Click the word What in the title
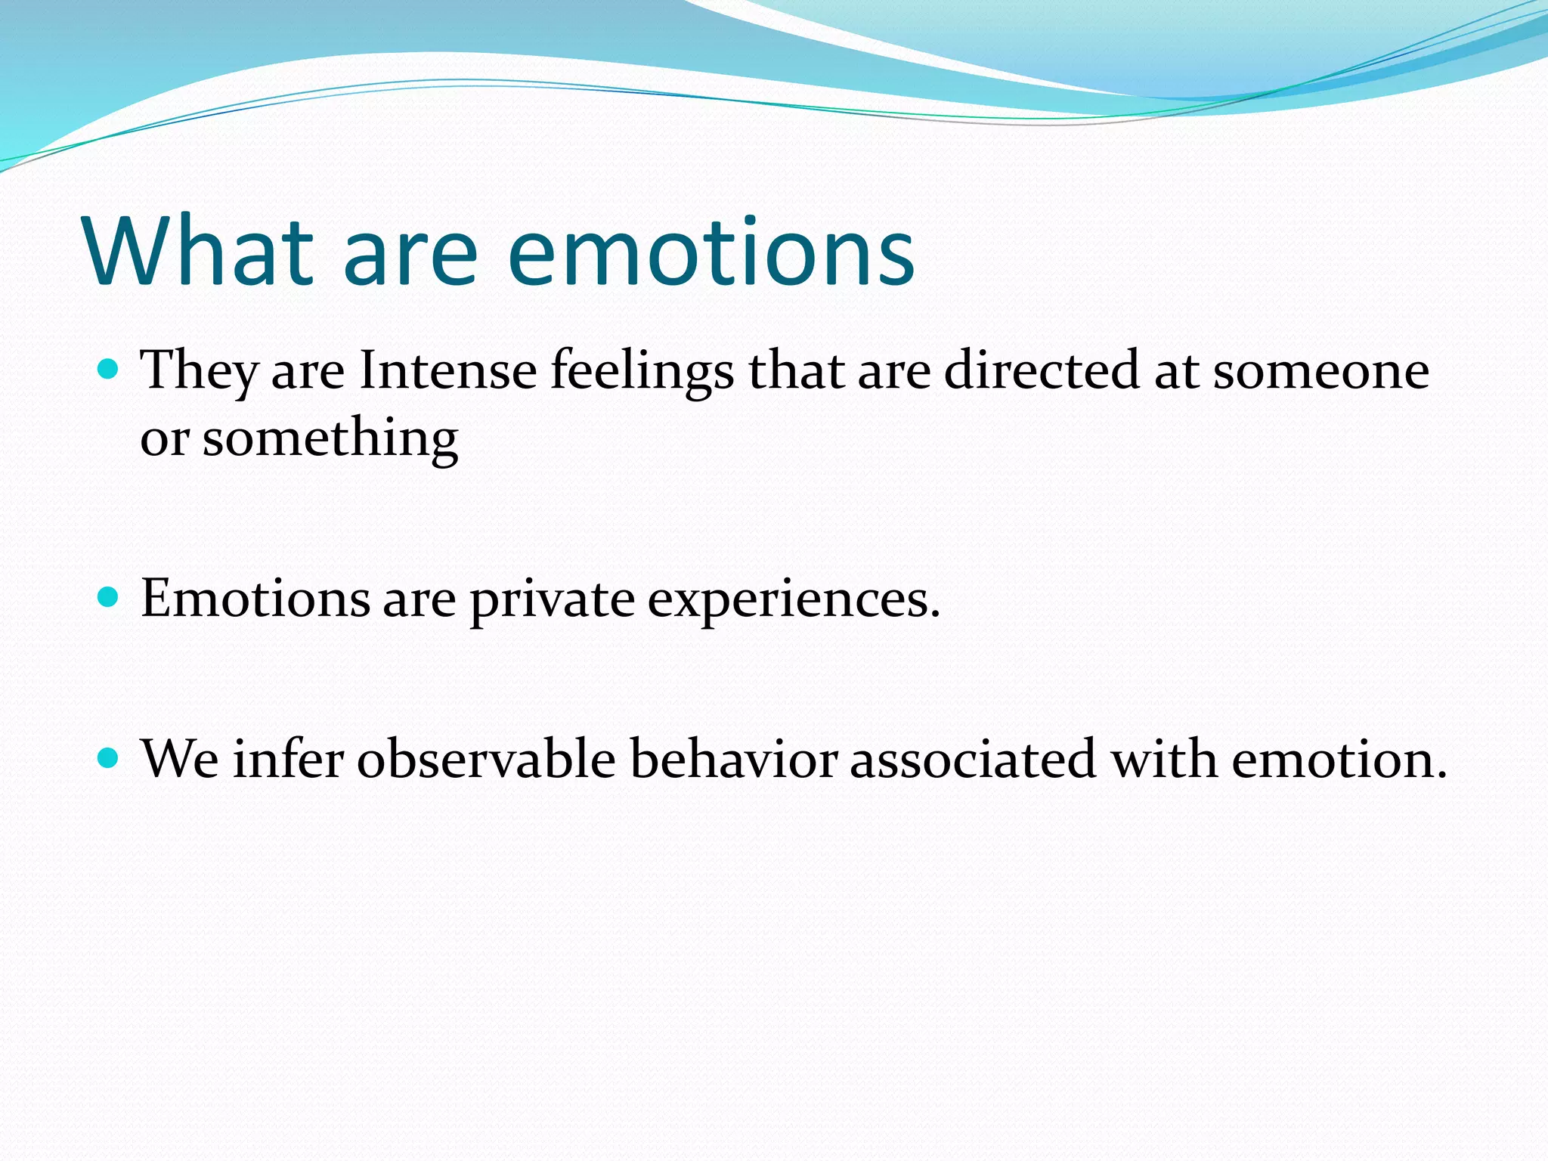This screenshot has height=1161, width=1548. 199,252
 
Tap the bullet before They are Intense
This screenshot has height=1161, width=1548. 110,370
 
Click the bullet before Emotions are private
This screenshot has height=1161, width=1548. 110,598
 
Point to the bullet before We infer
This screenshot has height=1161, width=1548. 110,758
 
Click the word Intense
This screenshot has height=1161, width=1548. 447,370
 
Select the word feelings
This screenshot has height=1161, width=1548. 642,372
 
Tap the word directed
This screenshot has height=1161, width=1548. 1042,370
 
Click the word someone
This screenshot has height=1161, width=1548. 1320,372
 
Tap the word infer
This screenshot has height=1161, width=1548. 288,759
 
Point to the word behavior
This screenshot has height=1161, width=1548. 733,759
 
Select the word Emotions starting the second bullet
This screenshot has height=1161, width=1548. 255,599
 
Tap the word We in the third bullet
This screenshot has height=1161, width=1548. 180,759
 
